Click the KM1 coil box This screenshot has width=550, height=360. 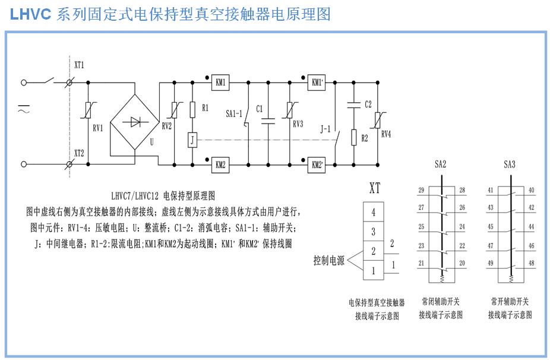click(221, 83)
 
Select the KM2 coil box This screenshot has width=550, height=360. click(221, 166)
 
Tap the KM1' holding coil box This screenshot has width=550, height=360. click(316, 83)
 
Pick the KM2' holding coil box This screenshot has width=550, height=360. click(316, 166)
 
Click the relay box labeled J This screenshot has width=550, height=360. click(192, 140)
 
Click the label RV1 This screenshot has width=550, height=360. click(98, 127)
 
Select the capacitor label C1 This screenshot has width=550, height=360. click(260, 109)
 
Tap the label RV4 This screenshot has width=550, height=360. click(386, 134)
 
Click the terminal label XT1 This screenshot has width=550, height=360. click(79, 65)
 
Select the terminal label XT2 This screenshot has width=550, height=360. click(79, 152)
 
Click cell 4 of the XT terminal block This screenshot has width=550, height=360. click(373, 211)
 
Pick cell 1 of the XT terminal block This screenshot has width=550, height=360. click(373, 270)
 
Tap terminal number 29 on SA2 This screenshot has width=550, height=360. click(421, 190)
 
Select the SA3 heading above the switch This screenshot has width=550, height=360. click(509, 164)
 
